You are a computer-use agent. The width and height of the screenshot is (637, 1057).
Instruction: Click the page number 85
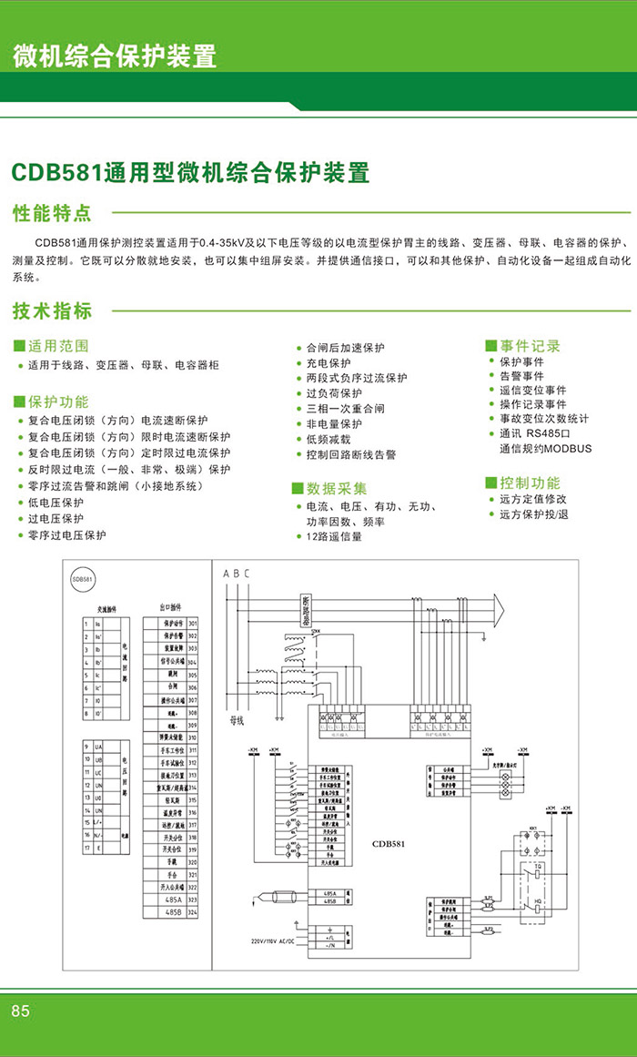pos(20,1011)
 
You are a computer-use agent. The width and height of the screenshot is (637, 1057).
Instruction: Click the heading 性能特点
pos(52,213)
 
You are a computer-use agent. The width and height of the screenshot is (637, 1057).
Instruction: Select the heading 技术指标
pos(52,310)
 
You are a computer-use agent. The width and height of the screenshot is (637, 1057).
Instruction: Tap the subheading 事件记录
pos(529,346)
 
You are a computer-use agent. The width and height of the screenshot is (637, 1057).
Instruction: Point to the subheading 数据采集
pos(336,489)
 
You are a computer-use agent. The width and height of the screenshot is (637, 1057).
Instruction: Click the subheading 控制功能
pos(529,483)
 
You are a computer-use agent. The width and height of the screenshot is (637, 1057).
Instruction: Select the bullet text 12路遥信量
pos(334,537)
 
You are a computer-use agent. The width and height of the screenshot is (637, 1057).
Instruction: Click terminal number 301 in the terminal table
pos(192,623)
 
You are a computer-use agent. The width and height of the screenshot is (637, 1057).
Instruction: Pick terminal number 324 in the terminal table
pos(192,911)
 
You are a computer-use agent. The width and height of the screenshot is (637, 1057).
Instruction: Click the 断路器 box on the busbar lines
pos(305,612)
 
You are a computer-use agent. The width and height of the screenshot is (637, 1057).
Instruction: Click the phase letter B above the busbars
pos(236,573)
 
